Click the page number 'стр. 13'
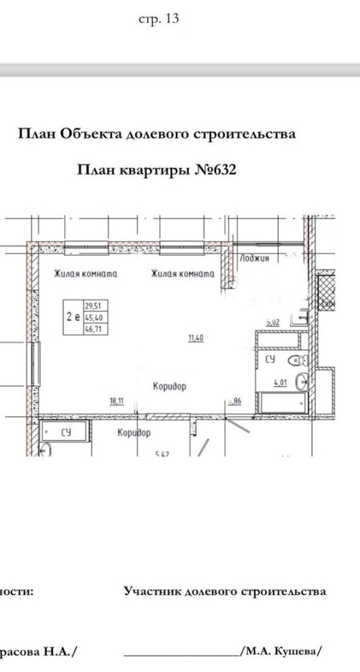(x=159, y=19)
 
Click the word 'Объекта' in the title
(x=90, y=134)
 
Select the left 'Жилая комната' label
(x=86, y=274)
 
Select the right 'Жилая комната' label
(x=182, y=274)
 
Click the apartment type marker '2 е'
(x=73, y=317)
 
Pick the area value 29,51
(x=92, y=306)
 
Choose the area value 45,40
(x=92, y=317)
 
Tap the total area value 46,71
(x=92, y=328)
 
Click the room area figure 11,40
(x=196, y=337)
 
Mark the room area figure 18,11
(x=117, y=401)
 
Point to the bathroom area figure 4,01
(x=281, y=383)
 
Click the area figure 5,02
(x=272, y=323)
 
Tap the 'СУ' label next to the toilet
(x=270, y=360)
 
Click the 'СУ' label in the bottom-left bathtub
(x=66, y=430)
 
